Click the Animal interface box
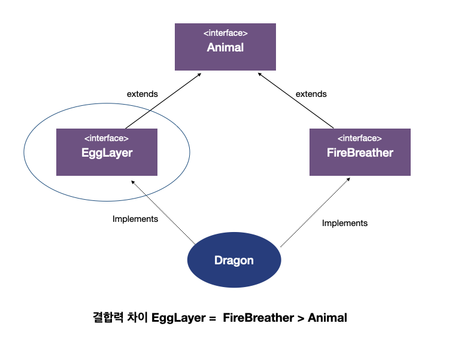click(x=225, y=47)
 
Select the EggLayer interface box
click(x=107, y=152)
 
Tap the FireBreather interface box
click(x=360, y=152)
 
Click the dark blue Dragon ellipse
click(x=234, y=261)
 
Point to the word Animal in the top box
click(x=225, y=48)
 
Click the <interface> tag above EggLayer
click(x=107, y=139)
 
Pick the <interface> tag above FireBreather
click(x=360, y=139)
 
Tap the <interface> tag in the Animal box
click(x=225, y=33)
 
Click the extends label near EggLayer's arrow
click(x=142, y=94)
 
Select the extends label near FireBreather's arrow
click(x=311, y=94)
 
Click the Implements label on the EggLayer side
click(x=135, y=219)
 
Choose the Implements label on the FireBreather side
click(x=345, y=223)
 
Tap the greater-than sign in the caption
click(x=300, y=318)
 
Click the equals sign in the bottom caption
click(x=211, y=318)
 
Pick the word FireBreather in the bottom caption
click(x=257, y=318)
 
